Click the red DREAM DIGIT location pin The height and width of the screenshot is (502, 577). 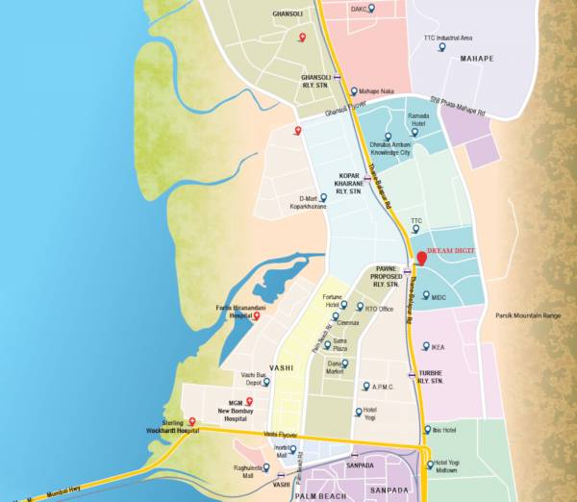pyautogui.click(x=420, y=256)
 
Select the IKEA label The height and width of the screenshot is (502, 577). pyautogui.click(x=439, y=347)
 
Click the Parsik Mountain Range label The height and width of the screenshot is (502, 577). pyautogui.click(x=527, y=315)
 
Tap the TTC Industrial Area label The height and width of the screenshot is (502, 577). pyautogui.click(x=448, y=38)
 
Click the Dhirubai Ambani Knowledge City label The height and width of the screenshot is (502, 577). pyautogui.click(x=389, y=148)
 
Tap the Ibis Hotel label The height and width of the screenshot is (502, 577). pyautogui.click(x=443, y=429)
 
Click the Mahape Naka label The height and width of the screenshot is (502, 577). pyautogui.click(x=377, y=91)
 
